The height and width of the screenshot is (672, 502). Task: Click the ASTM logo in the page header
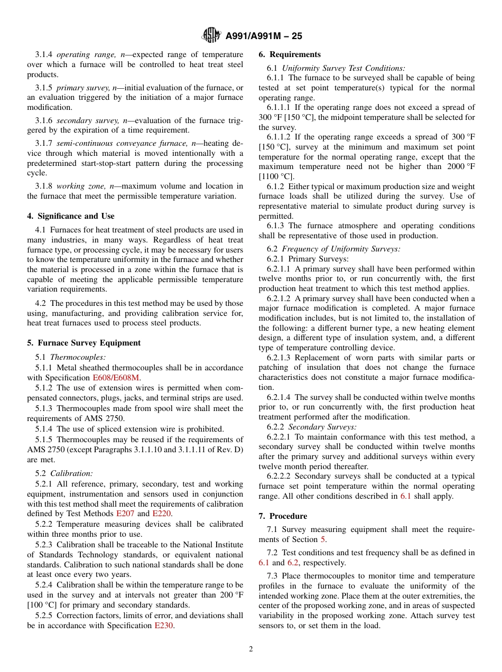coord(212,36)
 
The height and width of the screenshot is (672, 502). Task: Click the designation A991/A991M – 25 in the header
coord(264,36)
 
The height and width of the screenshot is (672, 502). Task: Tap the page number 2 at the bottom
coord(251,649)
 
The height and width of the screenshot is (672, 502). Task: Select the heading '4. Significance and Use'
coord(71,216)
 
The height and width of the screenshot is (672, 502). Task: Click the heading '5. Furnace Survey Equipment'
coord(84,343)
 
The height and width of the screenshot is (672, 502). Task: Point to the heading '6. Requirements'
coord(290,54)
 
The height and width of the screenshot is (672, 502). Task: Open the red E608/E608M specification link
coord(116,378)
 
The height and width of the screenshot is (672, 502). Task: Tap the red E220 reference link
coord(162,514)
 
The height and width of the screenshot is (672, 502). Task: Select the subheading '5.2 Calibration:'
coord(64,474)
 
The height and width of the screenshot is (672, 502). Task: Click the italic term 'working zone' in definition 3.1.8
coord(78,186)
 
